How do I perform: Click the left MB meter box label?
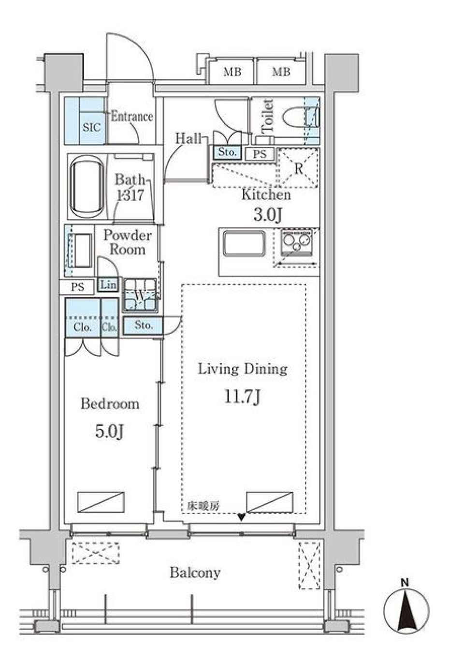(x=232, y=73)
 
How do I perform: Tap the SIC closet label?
(x=91, y=128)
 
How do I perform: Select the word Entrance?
(x=131, y=117)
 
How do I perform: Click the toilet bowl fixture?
(x=293, y=118)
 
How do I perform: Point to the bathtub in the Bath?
(x=87, y=187)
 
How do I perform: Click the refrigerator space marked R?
(x=298, y=168)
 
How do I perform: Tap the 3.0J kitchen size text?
(x=267, y=214)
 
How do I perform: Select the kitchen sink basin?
(x=244, y=243)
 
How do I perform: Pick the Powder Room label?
(x=127, y=242)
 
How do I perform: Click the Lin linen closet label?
(x=108, y=285)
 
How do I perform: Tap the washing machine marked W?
(x=140, y=295)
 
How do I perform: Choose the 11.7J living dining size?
(x=242, y=397)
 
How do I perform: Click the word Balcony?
(x=195, y=573)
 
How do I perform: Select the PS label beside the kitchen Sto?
(x=260, y=155)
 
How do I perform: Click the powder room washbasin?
(x=83, y=250)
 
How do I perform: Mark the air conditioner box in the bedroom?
(x=101, y=502)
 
